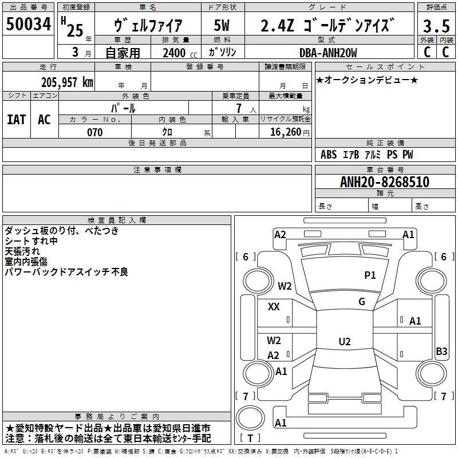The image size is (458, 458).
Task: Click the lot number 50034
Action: pyautogui.click(x=28, y=23)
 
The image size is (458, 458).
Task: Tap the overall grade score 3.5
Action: pyautogui.click(x=436, y=26)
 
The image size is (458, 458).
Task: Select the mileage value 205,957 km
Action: pyautogui.click(x=67, y=82)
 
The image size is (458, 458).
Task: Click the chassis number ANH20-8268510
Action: pyautogui.click(x=385, y=181)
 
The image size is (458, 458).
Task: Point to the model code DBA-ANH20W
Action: pyautogui.click(x=328, y=53)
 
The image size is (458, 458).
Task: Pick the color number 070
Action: pyautogui.click(x=95, y=132)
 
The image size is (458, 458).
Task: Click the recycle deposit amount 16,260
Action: pyautogui.click(x=285, y=132)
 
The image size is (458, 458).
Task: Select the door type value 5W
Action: pyautogui.click(x=222, y=25)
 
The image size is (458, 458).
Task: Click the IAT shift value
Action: pyautogui.click(x=17, y=120)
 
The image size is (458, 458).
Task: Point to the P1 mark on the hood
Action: pyautogui.click(x=370, y=275)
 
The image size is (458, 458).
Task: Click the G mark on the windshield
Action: pyautogui.click(x=362, y=302)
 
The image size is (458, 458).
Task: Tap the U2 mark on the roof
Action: pyautogui.click(x=345, y=341)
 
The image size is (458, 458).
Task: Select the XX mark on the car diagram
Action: pyautogui.click(x=274, y=307)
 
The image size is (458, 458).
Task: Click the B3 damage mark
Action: pyautogui.click(x=441, y=351)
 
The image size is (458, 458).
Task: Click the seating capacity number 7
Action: pyautogui.click(x=239, y=108)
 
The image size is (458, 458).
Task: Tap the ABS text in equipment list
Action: pyautogui.click(x=329, y=154)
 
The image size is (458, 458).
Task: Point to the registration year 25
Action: pyautogui.click(x=75, y=30)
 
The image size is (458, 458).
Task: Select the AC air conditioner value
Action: pyautogui.click(x=45, y=120)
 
